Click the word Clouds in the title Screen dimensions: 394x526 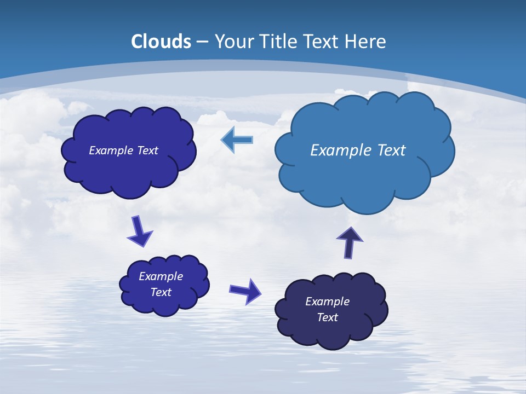point(161,42)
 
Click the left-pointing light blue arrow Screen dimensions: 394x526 point(237,140)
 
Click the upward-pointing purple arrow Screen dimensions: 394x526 point(350,242)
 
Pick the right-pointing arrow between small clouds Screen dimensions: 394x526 point(245,291)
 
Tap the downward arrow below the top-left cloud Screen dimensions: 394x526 point(140,232)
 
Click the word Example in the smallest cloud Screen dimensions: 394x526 point(161,276)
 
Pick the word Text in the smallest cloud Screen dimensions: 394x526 point(161,292)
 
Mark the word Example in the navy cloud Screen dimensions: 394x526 point(327,302)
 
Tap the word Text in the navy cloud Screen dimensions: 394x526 point(327,317)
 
